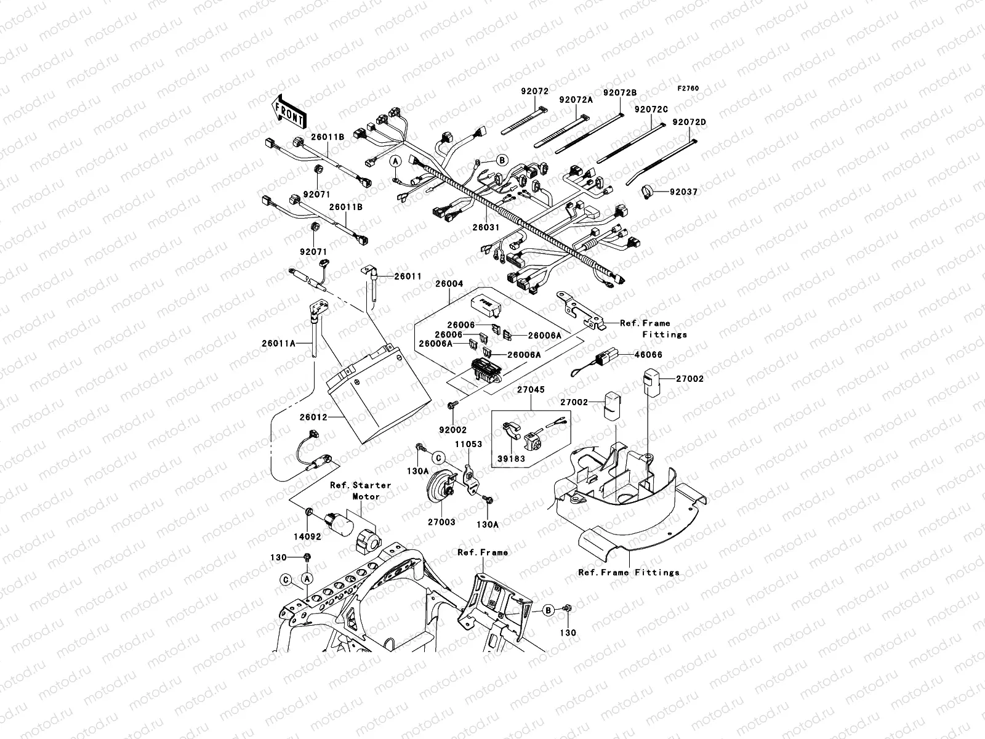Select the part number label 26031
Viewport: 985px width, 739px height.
pos(486,227)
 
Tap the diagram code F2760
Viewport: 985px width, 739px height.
pos(689,89)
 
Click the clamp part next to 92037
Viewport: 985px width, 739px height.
pos(646,192)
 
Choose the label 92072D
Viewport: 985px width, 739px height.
pos(688,122)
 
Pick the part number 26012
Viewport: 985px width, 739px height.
pos(313,417)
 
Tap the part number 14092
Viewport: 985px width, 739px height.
pos(308,536)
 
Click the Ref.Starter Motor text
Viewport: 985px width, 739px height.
pos(361,491)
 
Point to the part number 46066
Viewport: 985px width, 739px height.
pos(632,355)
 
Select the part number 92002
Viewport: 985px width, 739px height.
pos(452,430)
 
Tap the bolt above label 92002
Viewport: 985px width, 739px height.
pos(451,405)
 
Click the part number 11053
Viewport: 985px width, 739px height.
pos(468,443)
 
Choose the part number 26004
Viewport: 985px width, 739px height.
pos(449,284)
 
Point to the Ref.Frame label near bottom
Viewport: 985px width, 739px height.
pos(483,552)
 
